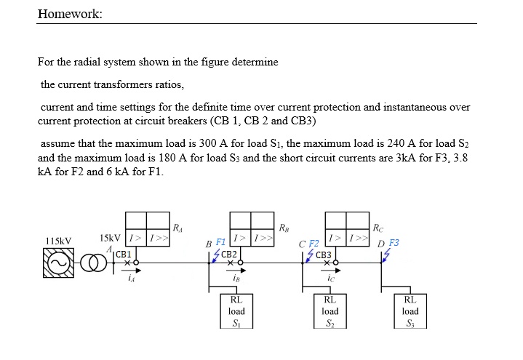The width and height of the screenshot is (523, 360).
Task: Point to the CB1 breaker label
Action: pos(123,254)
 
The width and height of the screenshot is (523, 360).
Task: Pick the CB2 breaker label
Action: pos(229,254)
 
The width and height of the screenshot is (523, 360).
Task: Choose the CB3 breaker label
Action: pos(324,255)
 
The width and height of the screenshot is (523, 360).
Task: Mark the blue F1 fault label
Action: pos(220,241)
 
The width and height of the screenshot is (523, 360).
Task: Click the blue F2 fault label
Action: pos(314,242)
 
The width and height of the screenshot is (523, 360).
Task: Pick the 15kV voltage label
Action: pos(110,237)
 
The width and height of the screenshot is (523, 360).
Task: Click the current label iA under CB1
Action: pos(130,276)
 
